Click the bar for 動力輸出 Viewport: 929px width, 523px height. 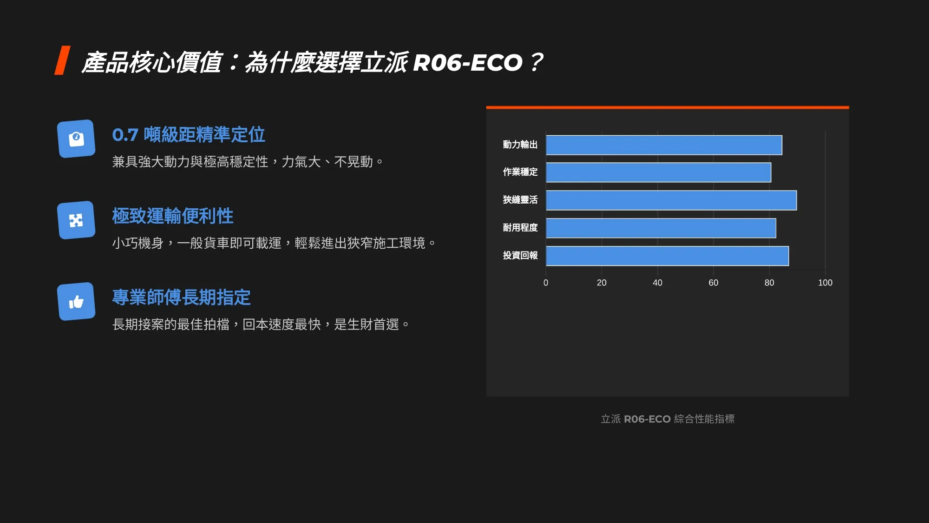[664, 145]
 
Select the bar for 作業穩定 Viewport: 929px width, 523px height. [659, 172]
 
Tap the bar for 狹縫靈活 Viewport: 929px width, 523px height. [671, 200]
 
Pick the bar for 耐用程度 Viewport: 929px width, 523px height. [661, 228]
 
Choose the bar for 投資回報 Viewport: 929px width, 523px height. [667, 256]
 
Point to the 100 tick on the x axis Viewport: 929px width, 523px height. [825, 283]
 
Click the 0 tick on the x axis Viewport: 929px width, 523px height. [546, 283]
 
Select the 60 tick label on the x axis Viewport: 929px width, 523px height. [713, 283]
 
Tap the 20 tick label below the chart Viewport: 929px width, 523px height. [602, 283]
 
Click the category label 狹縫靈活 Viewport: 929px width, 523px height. [520, 200]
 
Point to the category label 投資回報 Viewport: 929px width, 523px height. [520, 255]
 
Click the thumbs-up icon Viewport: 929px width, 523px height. [76, 302]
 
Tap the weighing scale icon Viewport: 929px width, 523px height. [76, 139]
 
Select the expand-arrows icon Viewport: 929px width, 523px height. [76, 220]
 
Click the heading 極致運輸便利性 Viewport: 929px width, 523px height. [173, 216]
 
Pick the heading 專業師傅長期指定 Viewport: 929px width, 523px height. [182, 298]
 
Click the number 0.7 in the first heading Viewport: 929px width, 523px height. [125, 135]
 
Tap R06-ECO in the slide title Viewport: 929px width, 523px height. [468, 63]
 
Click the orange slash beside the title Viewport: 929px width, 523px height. [62, 60]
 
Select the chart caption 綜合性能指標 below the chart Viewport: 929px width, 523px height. [704, 419]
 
